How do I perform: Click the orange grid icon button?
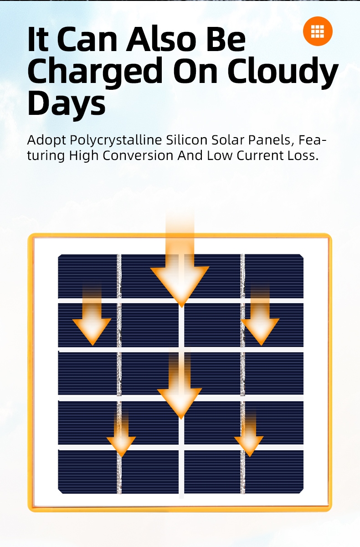coord(318,31)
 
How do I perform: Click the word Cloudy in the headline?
coord(283,72)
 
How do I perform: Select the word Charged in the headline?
coord(95,72)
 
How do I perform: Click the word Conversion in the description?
coord(138,155)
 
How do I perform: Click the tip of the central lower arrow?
coord(181,419)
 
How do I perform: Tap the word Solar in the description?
coord(228,140)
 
